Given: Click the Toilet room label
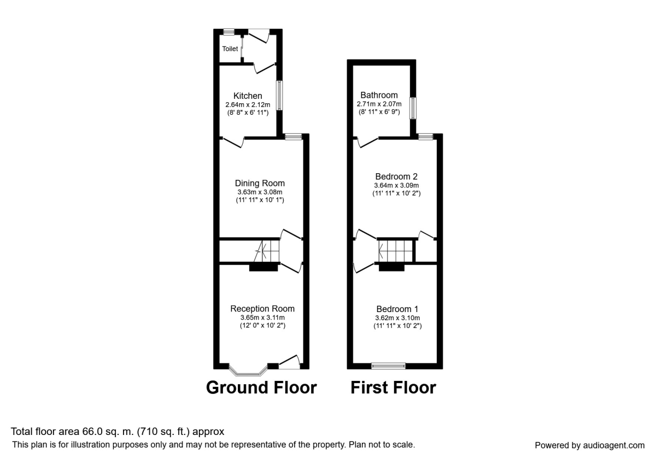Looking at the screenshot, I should [x=230, y=49].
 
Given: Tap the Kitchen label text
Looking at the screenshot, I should [x=248, y=96].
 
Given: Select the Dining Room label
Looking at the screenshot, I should [x=260, y=183].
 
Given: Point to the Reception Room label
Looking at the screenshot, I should [x=262, y=309].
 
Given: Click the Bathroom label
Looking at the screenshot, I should [x=379, y=95].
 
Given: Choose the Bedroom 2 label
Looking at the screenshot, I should [x=396, y=176].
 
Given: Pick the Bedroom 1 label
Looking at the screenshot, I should [x=396, y=309].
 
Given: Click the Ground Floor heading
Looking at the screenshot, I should [x=261, y=387].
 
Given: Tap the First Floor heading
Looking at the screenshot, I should [x=393, y=387].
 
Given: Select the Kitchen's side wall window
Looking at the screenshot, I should [x=279, y=96].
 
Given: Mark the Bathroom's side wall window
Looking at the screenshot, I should [x=414, y=107].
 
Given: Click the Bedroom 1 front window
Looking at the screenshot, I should [x=388, y=365].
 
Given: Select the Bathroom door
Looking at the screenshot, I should [x=367, y=142].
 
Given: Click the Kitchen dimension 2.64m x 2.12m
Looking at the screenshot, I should [x=248, y=105].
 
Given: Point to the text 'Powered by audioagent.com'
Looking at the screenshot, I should [x=589, y=445].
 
